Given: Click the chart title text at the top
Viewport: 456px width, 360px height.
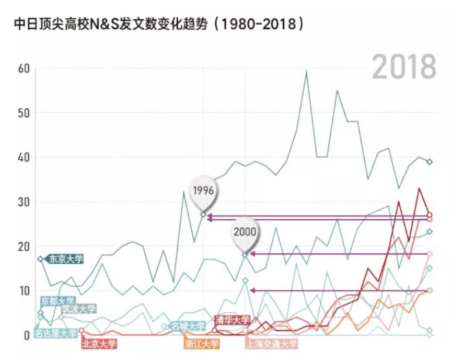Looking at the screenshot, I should (159, 24).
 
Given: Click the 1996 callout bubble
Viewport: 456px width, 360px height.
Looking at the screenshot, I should (203, 190).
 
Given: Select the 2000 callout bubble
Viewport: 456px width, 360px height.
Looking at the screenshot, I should (245, 231).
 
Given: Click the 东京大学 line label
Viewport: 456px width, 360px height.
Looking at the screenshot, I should (65, 259).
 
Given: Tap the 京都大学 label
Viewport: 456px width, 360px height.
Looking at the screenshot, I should (58, 300).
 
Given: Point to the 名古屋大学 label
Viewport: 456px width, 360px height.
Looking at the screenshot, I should (55, 333).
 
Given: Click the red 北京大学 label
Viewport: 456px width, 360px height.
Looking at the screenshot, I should (99, 343).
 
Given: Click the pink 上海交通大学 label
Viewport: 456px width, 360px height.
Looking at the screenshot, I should (271, 343).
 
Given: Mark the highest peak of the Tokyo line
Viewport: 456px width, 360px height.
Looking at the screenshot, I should (306, 72).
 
